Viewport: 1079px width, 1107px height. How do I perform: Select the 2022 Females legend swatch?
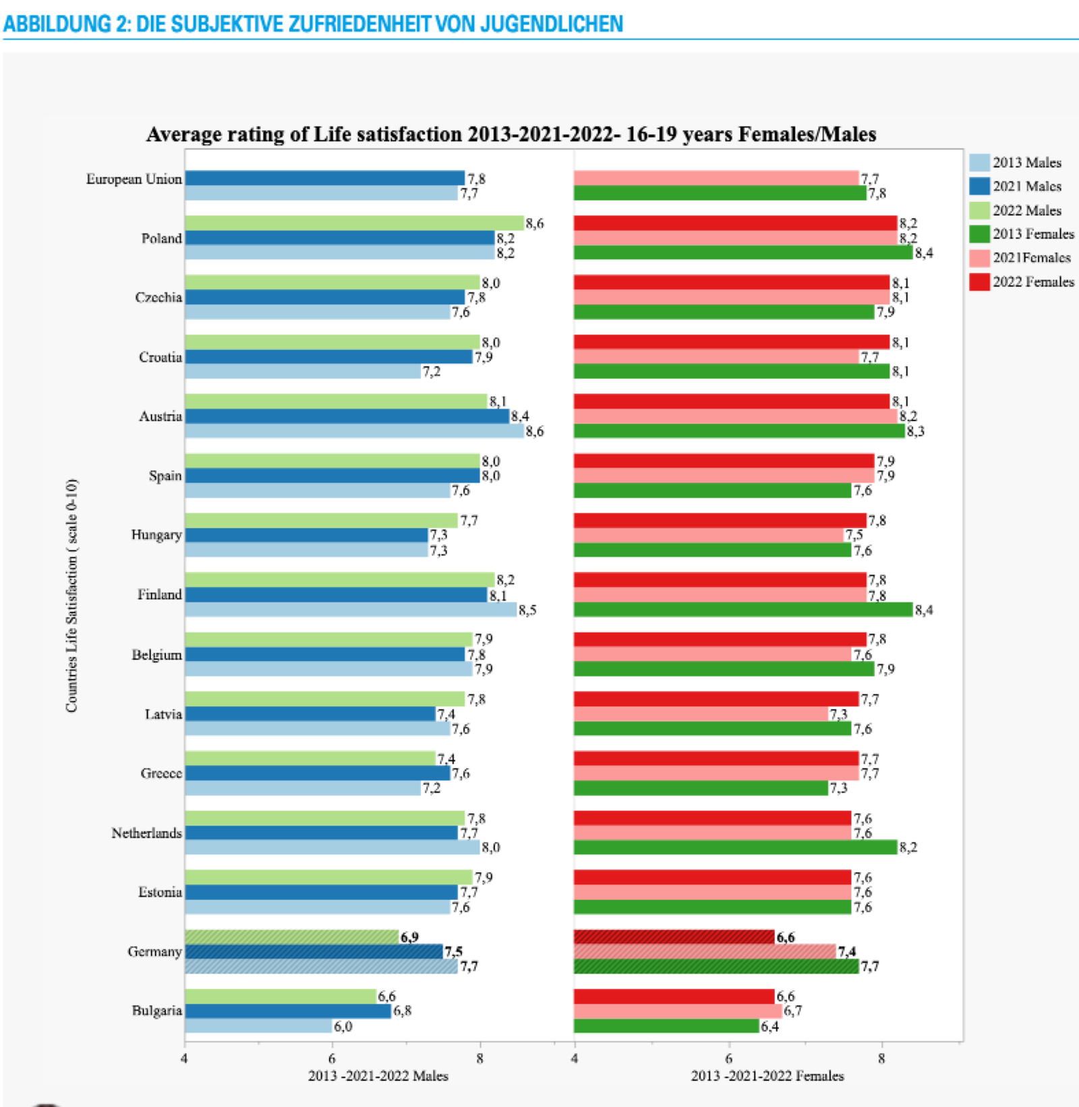979,281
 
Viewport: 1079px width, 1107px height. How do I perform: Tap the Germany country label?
154,951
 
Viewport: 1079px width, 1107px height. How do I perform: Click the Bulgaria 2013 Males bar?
258,1026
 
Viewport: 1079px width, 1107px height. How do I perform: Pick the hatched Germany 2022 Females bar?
674,936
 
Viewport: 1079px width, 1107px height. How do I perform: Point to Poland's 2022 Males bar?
354,223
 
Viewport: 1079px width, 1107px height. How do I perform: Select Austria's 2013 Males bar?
354,431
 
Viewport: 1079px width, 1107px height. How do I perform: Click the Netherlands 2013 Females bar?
735,847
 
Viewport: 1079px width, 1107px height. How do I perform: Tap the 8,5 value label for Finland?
527,610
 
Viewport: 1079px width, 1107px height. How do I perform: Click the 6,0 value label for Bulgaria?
343,1026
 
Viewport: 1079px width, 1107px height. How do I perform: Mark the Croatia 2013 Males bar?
303,371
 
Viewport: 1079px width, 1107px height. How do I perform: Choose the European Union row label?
134,179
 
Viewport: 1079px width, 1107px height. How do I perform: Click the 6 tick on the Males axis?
332,1058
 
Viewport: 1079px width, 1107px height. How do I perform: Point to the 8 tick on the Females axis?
881,1058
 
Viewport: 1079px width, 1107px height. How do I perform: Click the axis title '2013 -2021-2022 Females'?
767,1076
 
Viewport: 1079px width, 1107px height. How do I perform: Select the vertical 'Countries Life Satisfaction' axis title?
71,595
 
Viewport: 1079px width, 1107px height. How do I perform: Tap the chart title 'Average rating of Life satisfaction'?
511,134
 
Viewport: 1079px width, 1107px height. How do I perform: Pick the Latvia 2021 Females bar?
701,714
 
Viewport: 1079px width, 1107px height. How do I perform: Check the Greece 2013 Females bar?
701,788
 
